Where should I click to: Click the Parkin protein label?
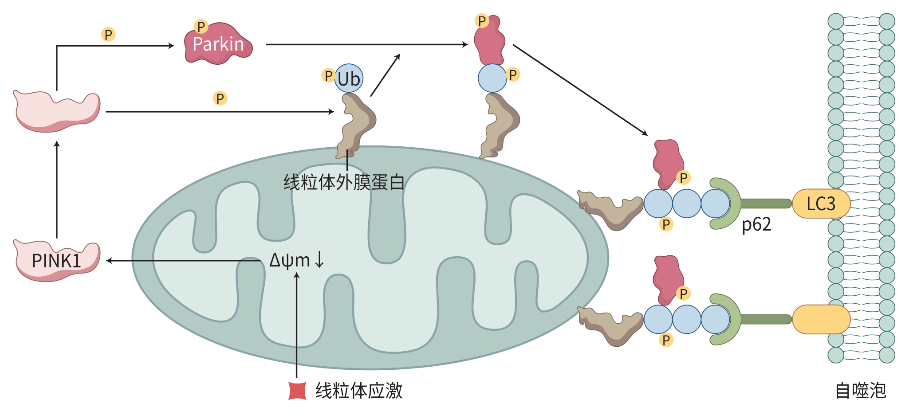pyautogui.click(x=218, y=44)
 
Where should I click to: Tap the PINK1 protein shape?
pyautogui.click(x=57, y=260)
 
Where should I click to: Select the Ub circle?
pyautogui.click(x=349, y=79)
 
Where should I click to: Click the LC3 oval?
pyautogui.click(x=821, y=204)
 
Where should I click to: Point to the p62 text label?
pyautogui.click(x=756, y=224)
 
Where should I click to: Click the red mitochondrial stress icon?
pyautogui.click(x=297, y=391)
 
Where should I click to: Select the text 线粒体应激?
pyautogui.click(x=358, y=391)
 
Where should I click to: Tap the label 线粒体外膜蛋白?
pyautogui.click(x=344, y=182)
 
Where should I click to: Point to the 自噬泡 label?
pyautogui.click(x=860, y=391)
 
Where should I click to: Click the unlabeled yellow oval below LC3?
pyautogui.click(x=821, y=319)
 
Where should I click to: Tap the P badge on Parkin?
pyautogui.click(x=201, y=27)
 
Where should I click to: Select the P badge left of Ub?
pyautogui.click(x=328, y=75)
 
